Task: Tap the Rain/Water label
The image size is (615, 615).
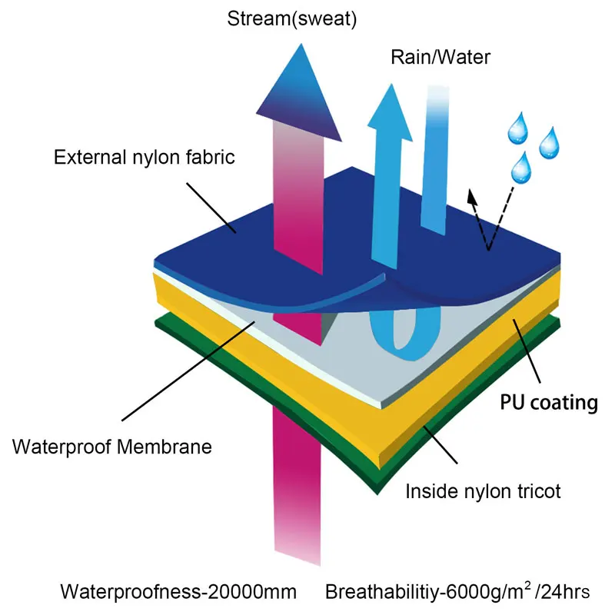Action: click(440, 57)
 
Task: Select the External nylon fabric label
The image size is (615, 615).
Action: click(145, 158)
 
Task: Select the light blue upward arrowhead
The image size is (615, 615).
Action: click(392, 99)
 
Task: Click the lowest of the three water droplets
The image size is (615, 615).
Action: click(524, 165)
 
